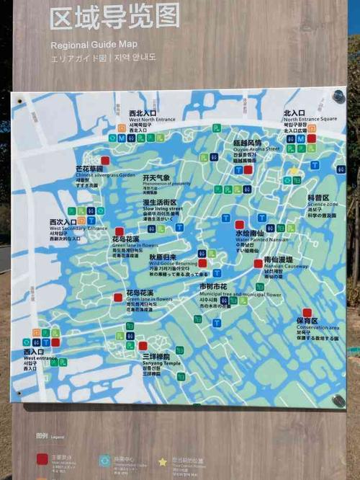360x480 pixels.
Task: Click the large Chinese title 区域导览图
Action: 114,17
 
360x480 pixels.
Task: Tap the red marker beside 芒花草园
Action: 105,160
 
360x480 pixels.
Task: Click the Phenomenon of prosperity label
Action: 166,184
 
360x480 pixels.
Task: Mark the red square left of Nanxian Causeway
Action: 258,264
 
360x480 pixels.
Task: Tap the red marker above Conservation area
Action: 307,313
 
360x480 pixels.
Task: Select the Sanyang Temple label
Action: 156,363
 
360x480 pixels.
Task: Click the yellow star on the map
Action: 294,172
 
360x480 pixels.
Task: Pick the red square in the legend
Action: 43,458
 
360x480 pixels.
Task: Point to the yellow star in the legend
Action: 163,461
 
